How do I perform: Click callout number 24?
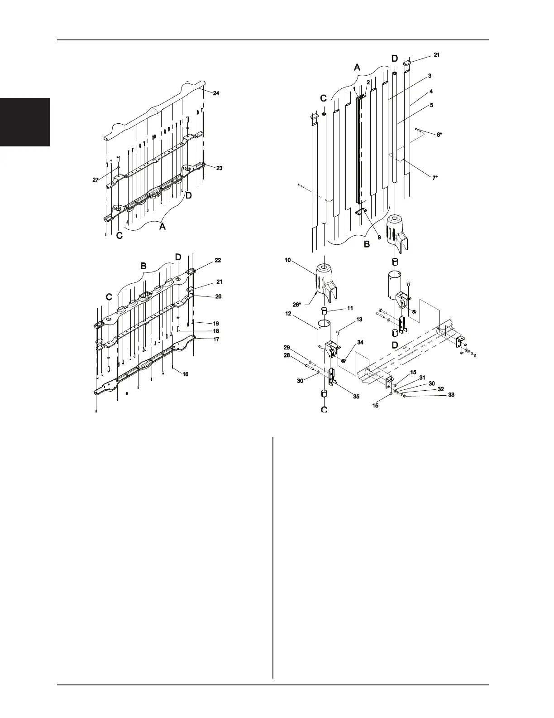point(216,93)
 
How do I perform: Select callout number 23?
point(219,168)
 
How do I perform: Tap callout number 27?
point(96,180)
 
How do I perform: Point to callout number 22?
point(218,261)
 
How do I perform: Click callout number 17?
point(216,339)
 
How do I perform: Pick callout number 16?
point(186,374)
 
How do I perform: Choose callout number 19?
point(216,324)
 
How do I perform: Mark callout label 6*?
point(439,135)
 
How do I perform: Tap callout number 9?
point(379,237)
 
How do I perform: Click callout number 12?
point(288,313)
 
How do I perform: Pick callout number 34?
point(360,343)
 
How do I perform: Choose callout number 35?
point(356,396)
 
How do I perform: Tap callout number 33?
point(451,395)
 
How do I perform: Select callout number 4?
point(431,92)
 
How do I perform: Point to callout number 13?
point(359,320)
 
